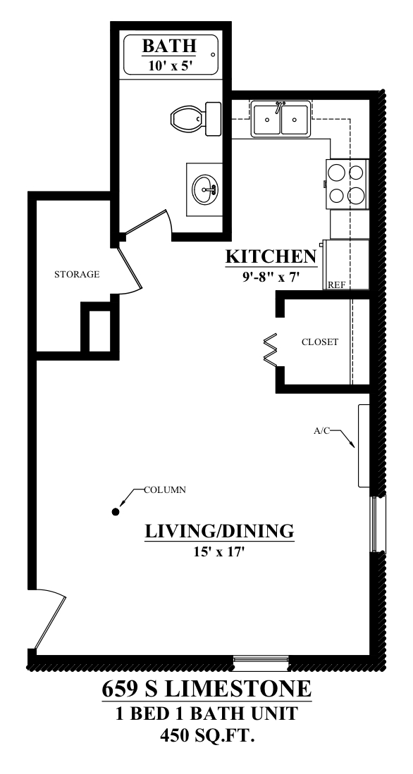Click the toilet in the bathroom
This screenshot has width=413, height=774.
196,119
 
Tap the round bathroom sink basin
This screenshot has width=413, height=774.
206,189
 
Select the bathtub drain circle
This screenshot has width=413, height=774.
214,55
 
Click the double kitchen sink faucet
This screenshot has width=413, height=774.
280,106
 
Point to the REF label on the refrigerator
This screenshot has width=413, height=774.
336,285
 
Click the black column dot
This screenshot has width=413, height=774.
116,511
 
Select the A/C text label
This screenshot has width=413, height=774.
321,431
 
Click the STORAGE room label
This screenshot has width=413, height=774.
77,274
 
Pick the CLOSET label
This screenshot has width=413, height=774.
320,342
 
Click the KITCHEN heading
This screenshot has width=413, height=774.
271,256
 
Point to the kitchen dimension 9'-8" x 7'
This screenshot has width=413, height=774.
271,277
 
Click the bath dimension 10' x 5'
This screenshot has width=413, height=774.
169,65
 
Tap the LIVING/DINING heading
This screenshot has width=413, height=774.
219,531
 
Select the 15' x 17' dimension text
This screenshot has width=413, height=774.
220,552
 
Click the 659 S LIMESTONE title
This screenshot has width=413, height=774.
207,689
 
